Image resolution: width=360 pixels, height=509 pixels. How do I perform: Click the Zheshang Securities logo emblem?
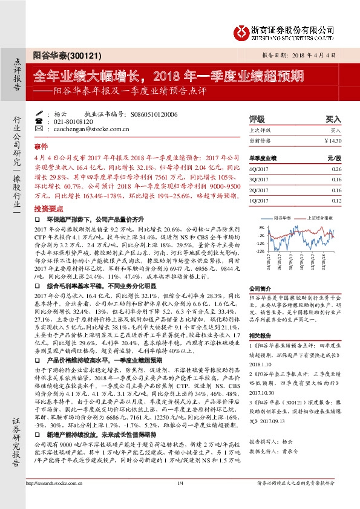point(242,30)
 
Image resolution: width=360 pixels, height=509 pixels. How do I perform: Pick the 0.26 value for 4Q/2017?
point(336,170)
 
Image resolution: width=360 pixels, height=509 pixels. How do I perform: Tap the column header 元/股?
point(335,158)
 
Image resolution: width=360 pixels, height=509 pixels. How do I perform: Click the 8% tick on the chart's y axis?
point(261,227)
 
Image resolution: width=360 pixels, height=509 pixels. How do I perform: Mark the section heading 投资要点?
point(46,207)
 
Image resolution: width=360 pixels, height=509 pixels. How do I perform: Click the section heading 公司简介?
point(260,288)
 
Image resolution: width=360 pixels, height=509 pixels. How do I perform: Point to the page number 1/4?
point(180,499)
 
